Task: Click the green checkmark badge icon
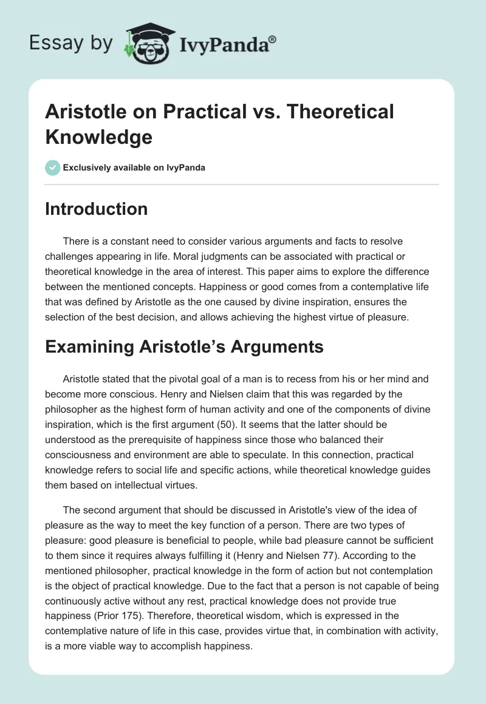coord(53,168)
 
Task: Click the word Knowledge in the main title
coord(98,136)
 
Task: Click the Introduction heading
coord(97,209)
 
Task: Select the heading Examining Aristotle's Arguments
coord(184,348)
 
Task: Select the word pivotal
coord(182,379)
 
